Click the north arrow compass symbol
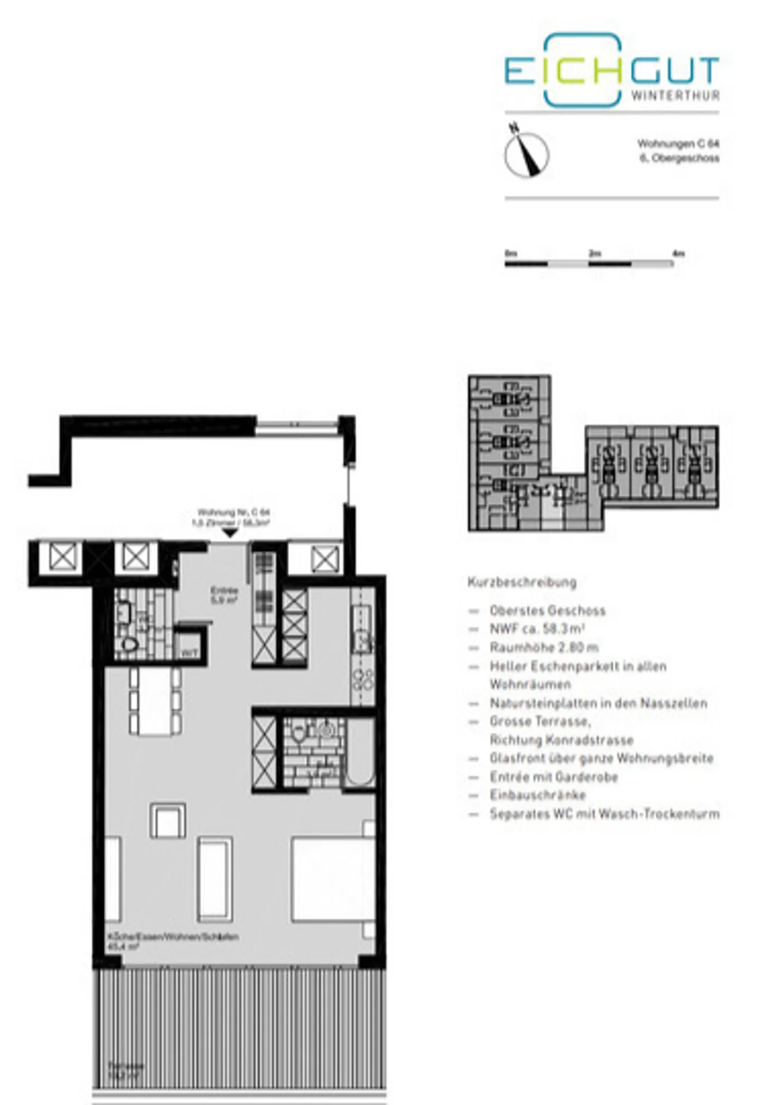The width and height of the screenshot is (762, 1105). pyautogui.click(x=526, y=154)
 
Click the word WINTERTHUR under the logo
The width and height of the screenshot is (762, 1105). pyautogui.click(x=675, y=96)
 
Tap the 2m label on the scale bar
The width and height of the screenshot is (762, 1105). pyautogui.click(x=595, y=253)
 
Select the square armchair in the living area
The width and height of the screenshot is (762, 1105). pyautogui.click(x=168, y=820)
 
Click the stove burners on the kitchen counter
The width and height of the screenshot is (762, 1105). pyautogui.click(x=363, y=680)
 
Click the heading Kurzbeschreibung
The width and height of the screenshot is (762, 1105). pyautogui.click(x=522, y=582)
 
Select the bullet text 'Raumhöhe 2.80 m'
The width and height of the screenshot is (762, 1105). pyautogui.click(x=544, y=647)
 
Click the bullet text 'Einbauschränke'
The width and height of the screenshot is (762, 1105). pyautogui.click(x=538, y=795)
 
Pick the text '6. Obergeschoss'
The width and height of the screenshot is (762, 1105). pyautogui.click(x=679, y=158)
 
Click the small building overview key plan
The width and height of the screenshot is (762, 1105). pyautogui.click(x=593, y=454)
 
